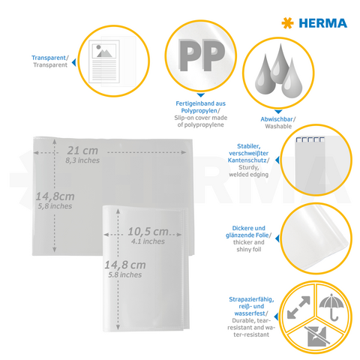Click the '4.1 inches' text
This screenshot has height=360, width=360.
coord(146,241)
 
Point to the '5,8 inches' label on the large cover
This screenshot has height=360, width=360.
coord(55,206)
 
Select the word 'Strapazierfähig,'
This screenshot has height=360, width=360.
coord(250,300)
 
